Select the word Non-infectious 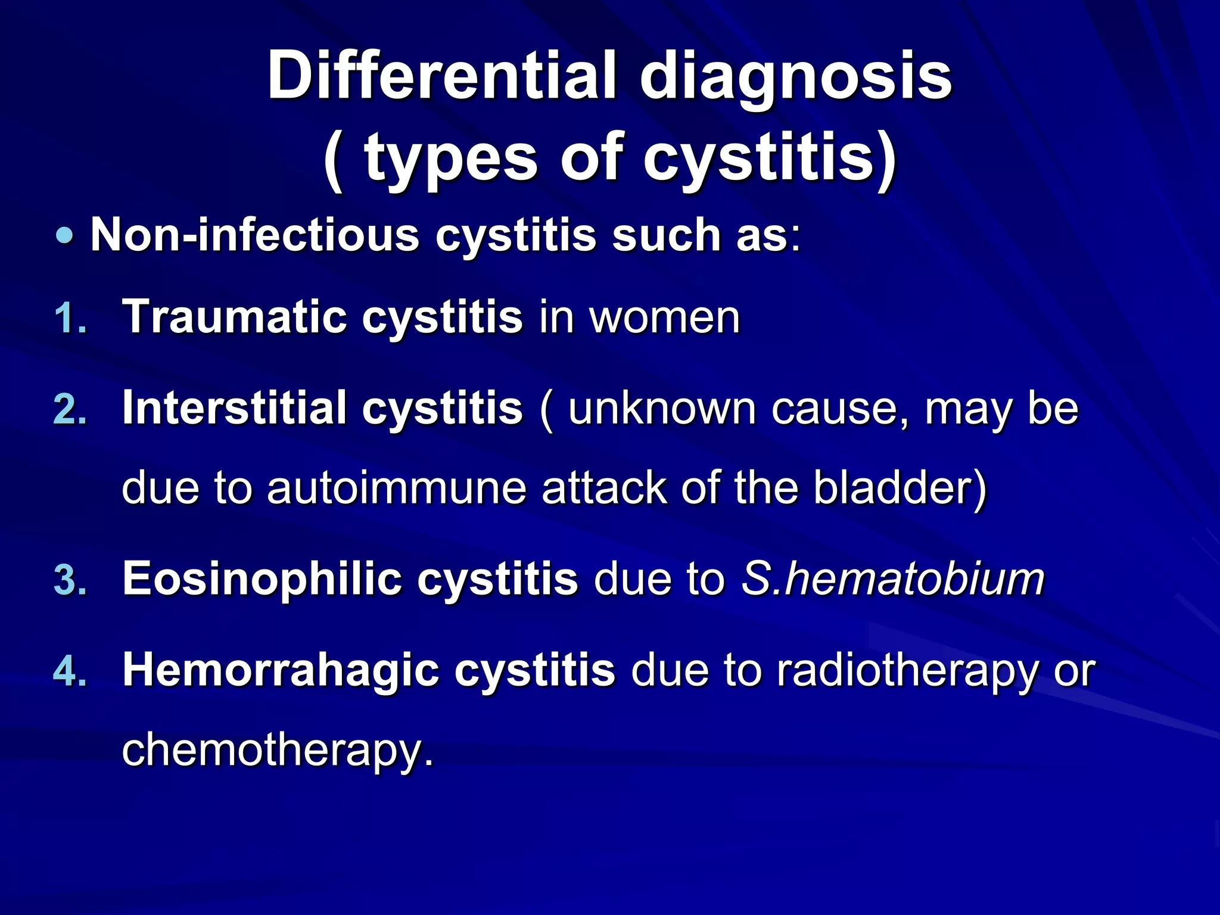pyautogui.click(x=254, y=235)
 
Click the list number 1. pyautogui.click(x=70, y=319)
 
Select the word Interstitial pyautogui.click(x=234, y=409)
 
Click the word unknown pyautogui.click(x=662, y=409)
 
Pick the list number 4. pyautogui.click(x=70, y=673)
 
